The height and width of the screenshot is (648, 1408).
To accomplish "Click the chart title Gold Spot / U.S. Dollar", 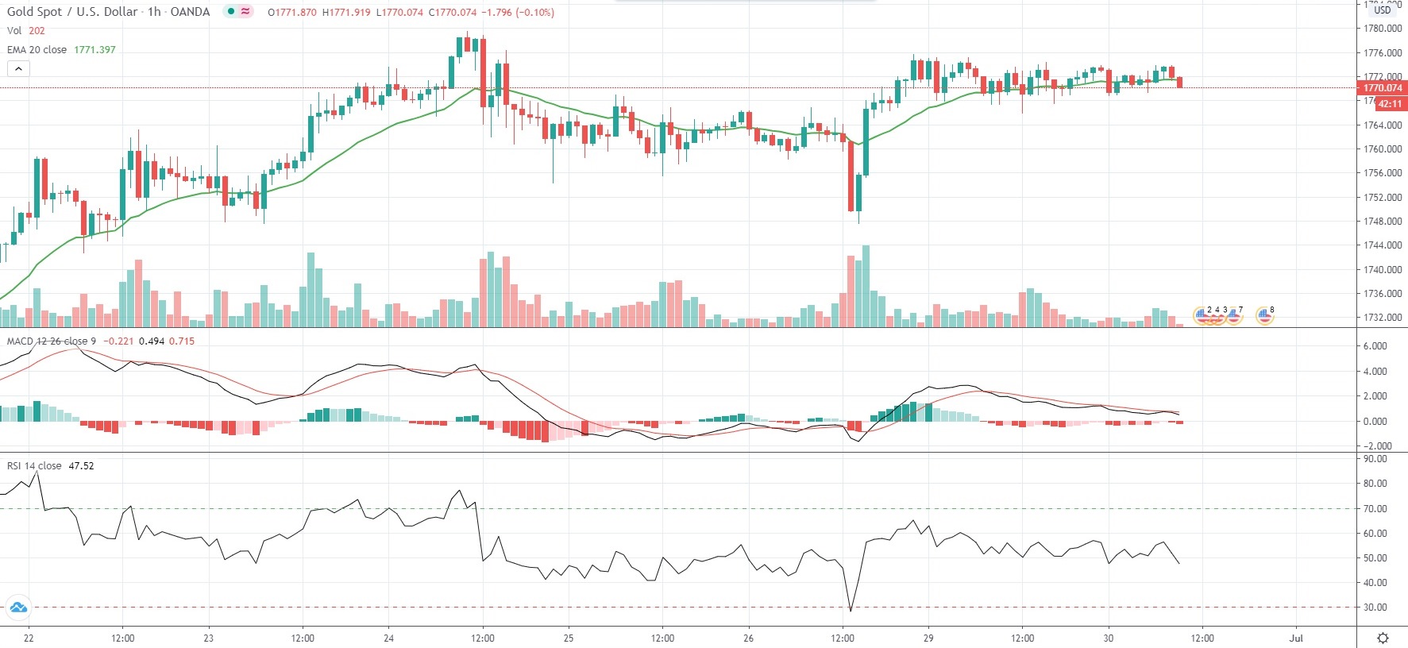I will (72, 12).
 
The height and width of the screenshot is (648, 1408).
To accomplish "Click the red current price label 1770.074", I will (1382, 88).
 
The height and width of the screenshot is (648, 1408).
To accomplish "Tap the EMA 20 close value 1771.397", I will (95, 50).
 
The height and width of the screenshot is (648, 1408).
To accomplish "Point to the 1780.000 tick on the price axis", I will (1383, 29).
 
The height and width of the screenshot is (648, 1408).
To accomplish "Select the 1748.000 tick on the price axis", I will (1383, 222).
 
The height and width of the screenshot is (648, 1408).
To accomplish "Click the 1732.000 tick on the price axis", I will (1383, 318).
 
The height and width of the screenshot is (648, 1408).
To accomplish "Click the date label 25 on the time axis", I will (569, 638).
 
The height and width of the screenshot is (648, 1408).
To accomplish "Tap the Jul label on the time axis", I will (1297, 638).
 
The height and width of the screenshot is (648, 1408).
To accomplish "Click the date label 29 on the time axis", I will (928, 638).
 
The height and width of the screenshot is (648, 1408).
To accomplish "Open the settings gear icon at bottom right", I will (1383, 638).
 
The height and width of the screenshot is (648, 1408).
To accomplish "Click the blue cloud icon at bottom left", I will (17, 608).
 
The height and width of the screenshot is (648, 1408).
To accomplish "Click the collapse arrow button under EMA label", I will (18, 69).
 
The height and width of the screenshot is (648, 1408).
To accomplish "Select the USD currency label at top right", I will (1383, 10).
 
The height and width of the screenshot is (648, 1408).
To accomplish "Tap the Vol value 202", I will (37, 31).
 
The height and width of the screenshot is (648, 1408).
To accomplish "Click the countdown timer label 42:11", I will (1390, 104).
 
